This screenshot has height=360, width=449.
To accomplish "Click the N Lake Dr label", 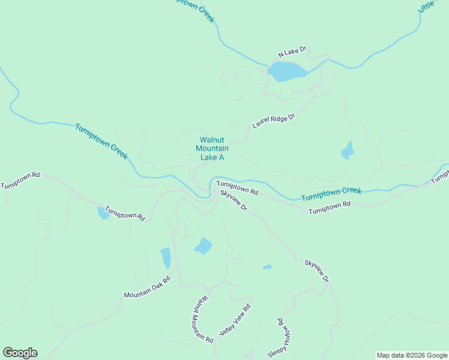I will [292, 52].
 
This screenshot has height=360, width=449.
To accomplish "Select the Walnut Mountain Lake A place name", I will [212, 149].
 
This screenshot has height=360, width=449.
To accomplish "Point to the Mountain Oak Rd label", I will [148, 287].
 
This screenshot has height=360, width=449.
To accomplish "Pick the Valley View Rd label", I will [234, 321].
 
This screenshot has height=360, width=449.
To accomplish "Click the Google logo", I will [20, 353].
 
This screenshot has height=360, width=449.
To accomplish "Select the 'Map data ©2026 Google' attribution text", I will [412, 355].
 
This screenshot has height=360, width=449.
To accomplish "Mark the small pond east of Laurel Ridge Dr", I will [348, 151].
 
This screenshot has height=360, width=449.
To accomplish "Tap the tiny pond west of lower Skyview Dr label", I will [267, 267].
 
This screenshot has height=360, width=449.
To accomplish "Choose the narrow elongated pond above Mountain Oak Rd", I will [166, 258].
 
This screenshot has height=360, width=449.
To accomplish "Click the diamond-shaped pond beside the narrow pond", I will [203, 246].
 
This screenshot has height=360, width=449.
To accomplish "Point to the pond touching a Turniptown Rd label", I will [103, 213].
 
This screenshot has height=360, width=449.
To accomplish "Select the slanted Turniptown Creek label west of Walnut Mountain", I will [101, 141].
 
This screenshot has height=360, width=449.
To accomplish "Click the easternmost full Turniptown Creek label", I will [331, 194].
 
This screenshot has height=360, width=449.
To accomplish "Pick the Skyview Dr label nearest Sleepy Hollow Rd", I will [316, 271].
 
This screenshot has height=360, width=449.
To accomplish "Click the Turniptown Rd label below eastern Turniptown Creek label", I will [329, 208].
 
